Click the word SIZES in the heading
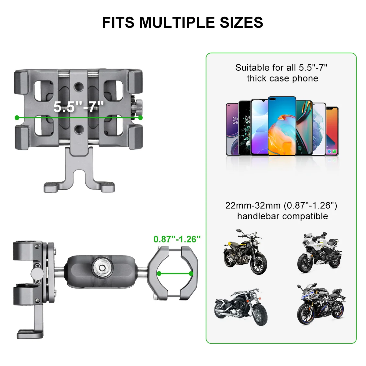point(241,22)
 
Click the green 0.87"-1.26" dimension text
point(177,239)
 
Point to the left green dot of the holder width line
point(17,118)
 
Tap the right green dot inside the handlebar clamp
point(191,274)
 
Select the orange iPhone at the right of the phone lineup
point(332,131)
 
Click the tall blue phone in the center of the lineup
point(282,126)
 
